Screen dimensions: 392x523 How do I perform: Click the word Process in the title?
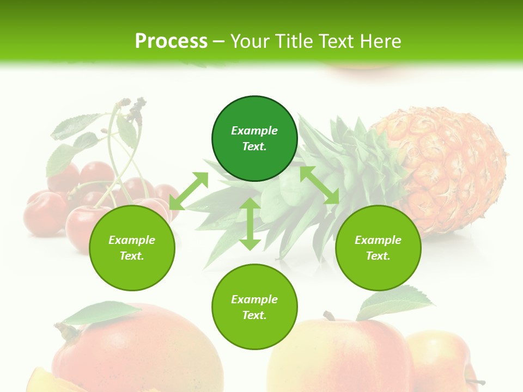coord(171,41)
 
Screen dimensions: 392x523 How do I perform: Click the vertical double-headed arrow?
coord(250,224)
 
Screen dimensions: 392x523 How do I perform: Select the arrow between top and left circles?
coord(188,191)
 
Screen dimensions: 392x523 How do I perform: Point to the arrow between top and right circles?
coord(319,185)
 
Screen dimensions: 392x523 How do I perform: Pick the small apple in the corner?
coord(441,359)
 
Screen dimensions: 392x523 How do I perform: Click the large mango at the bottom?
coord(136,354)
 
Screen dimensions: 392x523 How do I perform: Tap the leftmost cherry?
coord(44,212)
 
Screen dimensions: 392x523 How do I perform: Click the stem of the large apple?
coord(329,316)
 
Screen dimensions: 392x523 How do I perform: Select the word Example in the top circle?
coord(254,131)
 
